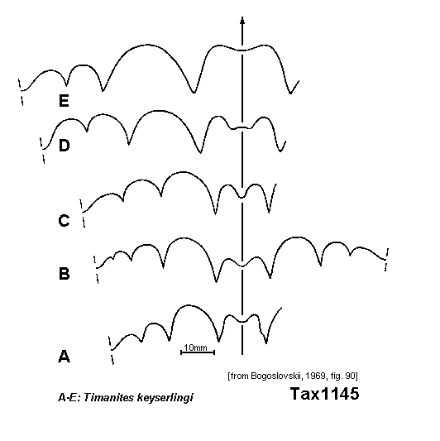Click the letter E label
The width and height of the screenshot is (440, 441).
click(x=64, y=100)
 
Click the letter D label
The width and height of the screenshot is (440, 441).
click(x=65, y=146)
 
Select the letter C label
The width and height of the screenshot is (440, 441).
click(x=65, y=220)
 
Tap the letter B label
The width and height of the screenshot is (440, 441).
click(x=65, y=274)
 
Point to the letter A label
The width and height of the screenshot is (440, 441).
click(x=65, y=357)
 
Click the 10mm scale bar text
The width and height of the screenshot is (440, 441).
click(x=195, y=348)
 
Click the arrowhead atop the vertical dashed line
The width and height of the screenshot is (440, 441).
click(x=242, y=20)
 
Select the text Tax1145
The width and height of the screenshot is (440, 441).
click(x=325, y=393)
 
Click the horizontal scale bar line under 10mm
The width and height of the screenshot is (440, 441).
click(x=198, y=352)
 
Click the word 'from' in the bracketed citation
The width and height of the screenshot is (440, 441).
click(x=239, y=376)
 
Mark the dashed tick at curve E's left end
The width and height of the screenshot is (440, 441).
click(x=21, y=92)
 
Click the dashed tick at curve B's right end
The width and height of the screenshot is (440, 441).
click(x=387, y=260)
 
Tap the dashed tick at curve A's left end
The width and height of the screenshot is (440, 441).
click(x=112, y=350)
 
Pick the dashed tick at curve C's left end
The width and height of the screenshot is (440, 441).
click(x=83, y=213)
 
